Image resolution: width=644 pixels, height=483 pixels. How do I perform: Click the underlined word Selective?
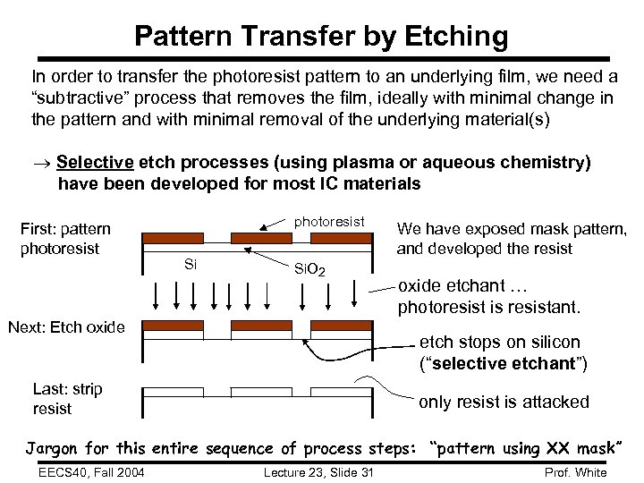tap(95, 162)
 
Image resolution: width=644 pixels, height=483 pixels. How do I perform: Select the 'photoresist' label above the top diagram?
tap(330, 221)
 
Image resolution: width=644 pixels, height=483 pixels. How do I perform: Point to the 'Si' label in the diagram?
tap(190, 264)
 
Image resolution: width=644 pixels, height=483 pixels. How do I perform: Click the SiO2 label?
tap(309, 269)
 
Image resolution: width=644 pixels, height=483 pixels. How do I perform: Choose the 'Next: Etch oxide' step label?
tap(66, 327)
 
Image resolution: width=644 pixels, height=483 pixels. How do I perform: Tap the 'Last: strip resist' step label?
tap(67, 399)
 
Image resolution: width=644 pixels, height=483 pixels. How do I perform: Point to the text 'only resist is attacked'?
tap(504, 402)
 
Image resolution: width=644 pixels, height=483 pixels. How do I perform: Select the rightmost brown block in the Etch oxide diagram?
tap(341, 326)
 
